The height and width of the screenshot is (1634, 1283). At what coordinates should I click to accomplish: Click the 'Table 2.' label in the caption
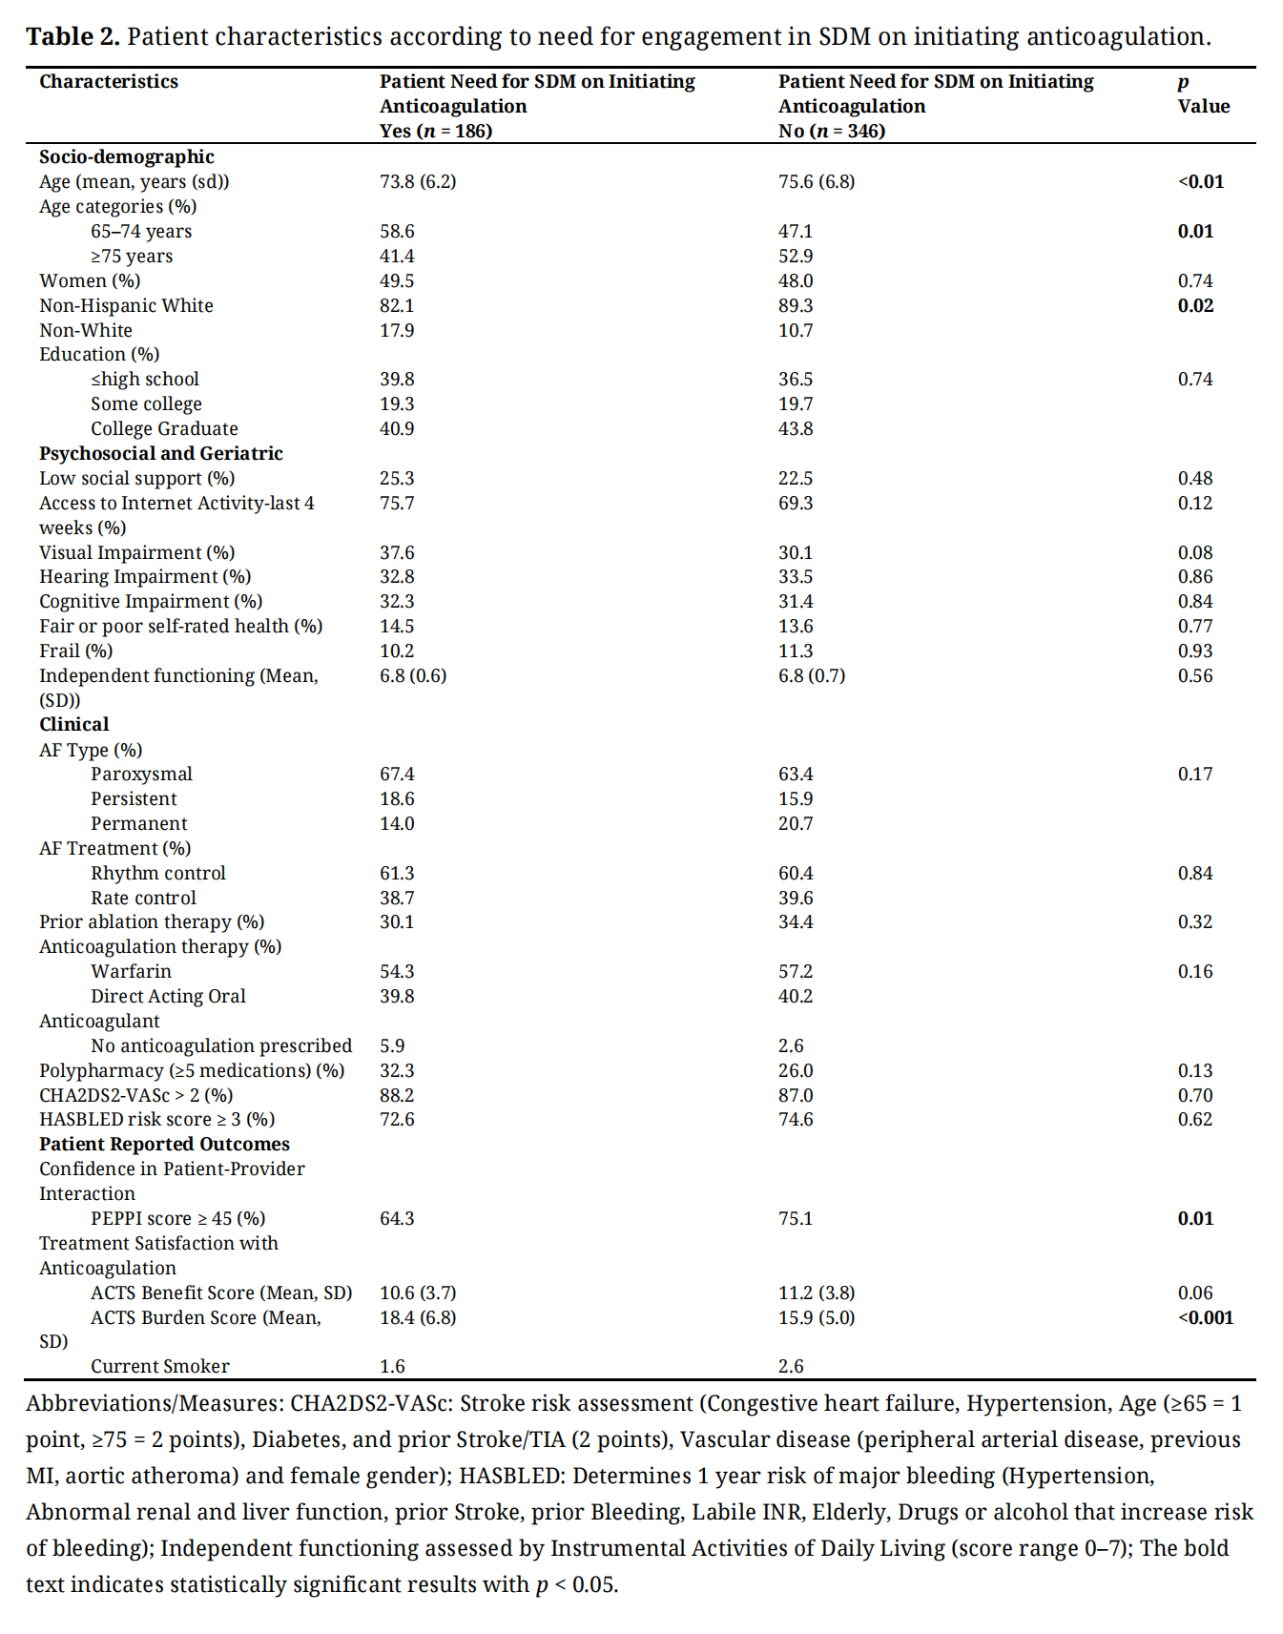coord(72,37)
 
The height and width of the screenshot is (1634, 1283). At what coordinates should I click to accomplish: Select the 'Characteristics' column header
coord(109,82)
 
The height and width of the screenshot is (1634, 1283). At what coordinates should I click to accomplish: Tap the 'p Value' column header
coord(1203,93)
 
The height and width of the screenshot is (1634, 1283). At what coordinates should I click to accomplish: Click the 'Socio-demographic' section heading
coord(127,157)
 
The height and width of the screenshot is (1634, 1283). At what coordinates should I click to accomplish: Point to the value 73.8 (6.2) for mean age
coord(418,182)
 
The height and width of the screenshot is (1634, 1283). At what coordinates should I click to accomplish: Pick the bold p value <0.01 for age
coord(1201,182)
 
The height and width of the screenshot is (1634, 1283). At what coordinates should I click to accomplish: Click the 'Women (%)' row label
coord(90,281)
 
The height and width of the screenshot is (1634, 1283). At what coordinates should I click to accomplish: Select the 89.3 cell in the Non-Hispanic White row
coord(796,306)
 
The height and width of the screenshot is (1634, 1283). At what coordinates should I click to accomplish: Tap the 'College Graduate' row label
coord(164,429)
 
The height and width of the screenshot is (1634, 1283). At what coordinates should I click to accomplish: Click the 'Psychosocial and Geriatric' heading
coord(161,454)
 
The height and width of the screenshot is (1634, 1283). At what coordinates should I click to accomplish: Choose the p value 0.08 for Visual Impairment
coord(1195,553)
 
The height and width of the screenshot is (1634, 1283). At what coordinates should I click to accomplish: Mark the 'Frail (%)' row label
coord(76,652)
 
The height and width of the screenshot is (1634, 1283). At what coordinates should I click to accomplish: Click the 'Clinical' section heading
coord(74,725)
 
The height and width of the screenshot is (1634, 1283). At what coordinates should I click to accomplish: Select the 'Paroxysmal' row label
coord(141,775)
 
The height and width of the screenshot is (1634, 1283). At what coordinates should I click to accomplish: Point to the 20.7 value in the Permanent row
coord(796,824)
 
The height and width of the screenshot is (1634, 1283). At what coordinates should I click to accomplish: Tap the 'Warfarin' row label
coord(132,972)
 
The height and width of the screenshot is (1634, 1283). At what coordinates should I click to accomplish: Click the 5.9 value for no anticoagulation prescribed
coord(392,1046)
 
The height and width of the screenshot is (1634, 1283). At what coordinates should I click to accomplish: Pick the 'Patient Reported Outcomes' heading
coord(164,1145)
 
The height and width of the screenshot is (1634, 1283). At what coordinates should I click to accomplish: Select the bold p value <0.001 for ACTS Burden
coord(1206,1318)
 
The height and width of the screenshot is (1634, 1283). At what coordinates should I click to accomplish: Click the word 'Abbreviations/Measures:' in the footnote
coord(154,1404)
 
